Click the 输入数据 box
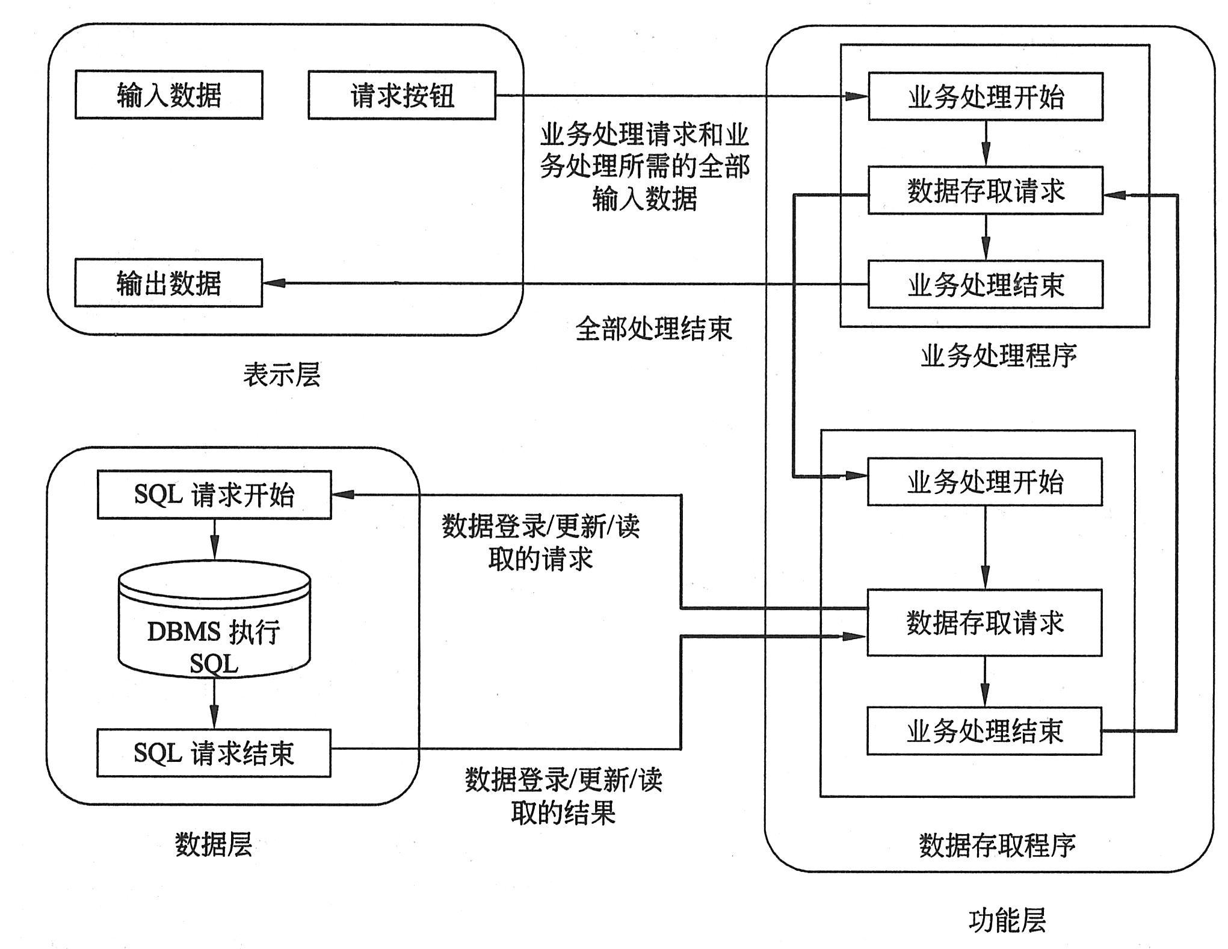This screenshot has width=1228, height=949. (x=169, y=95)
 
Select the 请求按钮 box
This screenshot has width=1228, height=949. (x=402, y=96)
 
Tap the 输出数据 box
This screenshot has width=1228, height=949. (x=168, y=283)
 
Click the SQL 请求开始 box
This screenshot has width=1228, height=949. (x=214, y=495)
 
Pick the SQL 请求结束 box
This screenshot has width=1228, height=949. (x=214, y=753)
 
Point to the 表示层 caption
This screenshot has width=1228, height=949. (x=282, y=375)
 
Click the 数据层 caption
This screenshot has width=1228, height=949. (x=214, y=844)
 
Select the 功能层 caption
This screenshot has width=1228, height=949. (x=1007, y=920)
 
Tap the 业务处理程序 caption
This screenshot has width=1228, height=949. (x=999, y=356)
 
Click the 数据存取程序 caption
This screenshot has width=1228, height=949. (x=997, y=845)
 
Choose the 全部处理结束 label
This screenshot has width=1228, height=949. (x=653, y=329)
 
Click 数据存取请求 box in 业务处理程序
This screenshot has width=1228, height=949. (x=986, y=191)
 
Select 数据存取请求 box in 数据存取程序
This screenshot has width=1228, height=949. (x=984, y=623)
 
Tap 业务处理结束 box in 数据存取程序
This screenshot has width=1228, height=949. (x=984, y=731)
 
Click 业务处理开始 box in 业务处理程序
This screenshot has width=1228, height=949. (x=986, y=97)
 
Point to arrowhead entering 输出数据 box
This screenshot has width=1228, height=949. (x=274, y=283)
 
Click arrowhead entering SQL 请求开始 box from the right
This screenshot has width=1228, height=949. (x=342, y=495)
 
